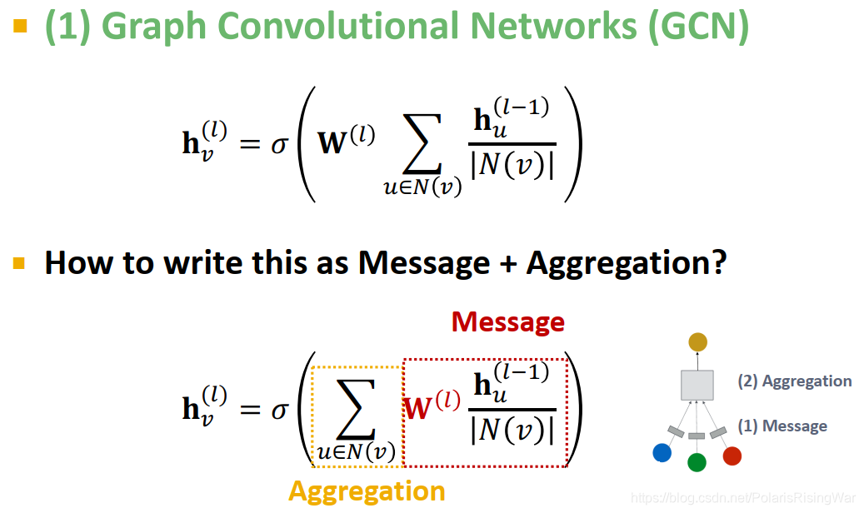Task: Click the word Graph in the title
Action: [x=155, y=27]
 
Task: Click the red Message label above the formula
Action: [x=508, y=321]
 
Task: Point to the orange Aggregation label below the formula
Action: [x=367, y=491]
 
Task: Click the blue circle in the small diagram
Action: [x=662, y=452]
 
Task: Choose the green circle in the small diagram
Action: [x=697, y=462]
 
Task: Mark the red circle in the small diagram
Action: [x=732, y=456]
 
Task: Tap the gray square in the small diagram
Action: [x=697, y=385]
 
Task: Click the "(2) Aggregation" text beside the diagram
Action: [x=794, y=381]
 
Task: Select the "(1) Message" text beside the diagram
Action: [x=782, y=426]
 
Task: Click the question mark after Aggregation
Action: [x=718, y=263]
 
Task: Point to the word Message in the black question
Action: [x=424, y=263]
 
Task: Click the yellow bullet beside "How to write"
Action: [x=19, y=263]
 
